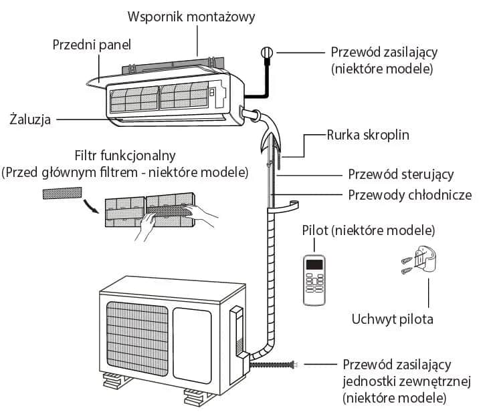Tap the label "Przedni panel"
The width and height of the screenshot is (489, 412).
[x=92, y=45]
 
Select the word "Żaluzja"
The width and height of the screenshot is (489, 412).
[x=30, y=120]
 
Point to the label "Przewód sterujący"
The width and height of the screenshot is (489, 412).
[x=401, y=174]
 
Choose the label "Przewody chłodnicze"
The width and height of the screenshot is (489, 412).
[x=410, y=195]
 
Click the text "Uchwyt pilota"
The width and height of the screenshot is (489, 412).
[x=392, y=319]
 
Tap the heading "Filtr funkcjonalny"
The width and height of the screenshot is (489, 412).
[x=125, y=156]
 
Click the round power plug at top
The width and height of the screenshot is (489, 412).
[x=266, y=52]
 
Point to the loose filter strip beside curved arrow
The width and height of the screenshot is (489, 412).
[x=62, y=193]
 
